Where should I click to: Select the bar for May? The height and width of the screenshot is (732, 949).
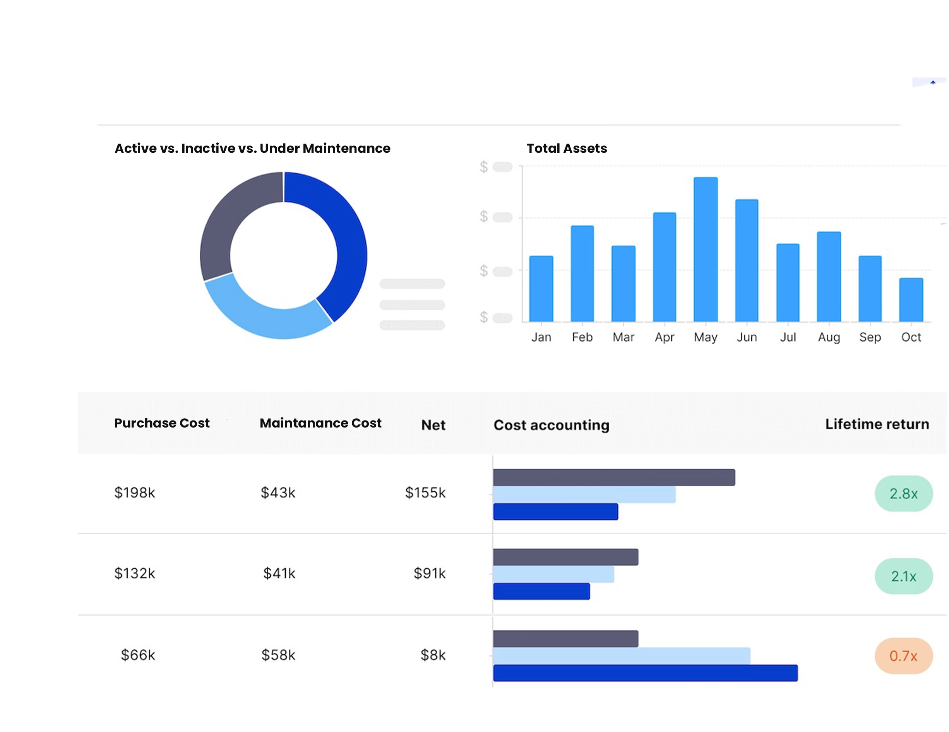click(705, 250)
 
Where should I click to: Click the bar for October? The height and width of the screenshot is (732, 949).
click(911, 300)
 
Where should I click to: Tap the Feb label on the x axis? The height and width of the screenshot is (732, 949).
click(582, 337)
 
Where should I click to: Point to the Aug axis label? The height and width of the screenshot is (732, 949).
click(829, 337)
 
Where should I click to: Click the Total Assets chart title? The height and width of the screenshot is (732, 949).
click(566, 149)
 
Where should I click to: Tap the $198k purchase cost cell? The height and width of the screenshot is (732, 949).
click(134, 493)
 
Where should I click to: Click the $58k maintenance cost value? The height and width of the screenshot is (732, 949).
click(278, 655)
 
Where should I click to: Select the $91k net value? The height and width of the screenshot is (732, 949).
click(429, 573)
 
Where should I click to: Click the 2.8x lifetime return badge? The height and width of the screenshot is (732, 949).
click(903, 494)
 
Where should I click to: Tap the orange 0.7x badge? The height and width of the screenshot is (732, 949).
click(903, 656)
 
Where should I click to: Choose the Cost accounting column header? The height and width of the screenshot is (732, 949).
click(551, 425)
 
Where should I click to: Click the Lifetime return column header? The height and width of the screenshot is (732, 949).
click(877, 424)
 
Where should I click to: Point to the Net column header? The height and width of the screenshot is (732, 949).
click(433, 425)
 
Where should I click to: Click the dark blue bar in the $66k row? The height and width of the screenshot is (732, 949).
click(645, 673)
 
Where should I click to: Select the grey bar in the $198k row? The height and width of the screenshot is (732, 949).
click(613, 477)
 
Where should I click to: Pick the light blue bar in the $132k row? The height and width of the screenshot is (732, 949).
click(553, 574)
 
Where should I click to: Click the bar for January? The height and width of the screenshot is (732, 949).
click(541, 289)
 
